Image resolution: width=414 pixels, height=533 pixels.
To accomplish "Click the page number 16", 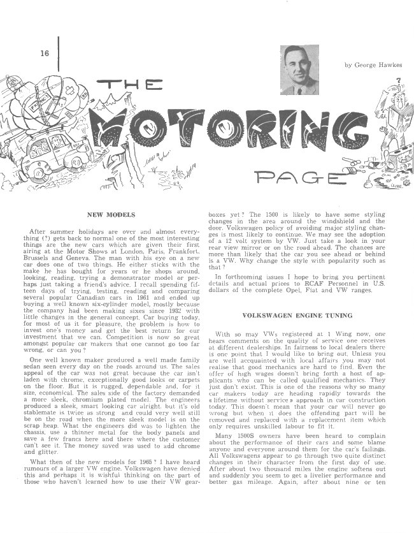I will (44, 53).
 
